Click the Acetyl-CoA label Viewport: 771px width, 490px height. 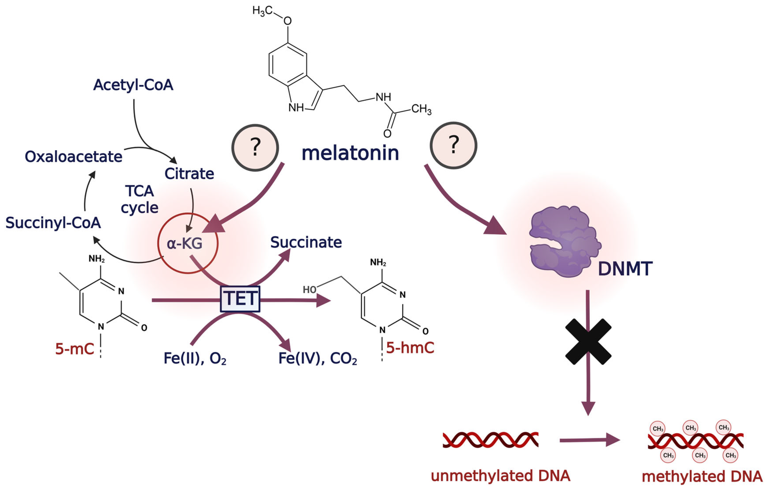pos(133,85)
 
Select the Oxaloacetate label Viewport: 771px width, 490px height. pos(74,157)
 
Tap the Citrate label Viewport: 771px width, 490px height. pos(189,174)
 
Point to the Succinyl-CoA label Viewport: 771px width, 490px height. pos(53,223)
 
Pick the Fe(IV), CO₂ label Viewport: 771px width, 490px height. pos(318,358)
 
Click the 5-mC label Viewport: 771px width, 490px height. pos(75,349)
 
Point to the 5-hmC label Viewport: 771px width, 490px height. pos(410,348)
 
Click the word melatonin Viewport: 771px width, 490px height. pos(350,153)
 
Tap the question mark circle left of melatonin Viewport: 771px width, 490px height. pos(255,148)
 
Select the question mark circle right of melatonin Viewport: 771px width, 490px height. pos(453,145)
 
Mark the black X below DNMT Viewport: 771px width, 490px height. pos(588,342)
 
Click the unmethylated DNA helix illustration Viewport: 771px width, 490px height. pos(491,440)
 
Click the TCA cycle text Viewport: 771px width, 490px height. pos(140,199)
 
